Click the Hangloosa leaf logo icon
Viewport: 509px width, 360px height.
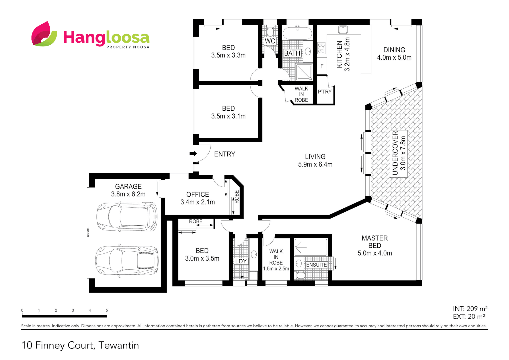click(x=44, y=34)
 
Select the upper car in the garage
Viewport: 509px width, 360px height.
click(x=127, y=217)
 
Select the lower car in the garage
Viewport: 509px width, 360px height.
click(x=127, y=260)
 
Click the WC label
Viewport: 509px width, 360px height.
click(x=270, y=41)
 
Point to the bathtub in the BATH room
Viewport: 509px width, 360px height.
click(x=297, y=33)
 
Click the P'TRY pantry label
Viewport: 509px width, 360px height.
click(x=325, y=92)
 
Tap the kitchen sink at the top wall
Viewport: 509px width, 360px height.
click(x=343, y=29)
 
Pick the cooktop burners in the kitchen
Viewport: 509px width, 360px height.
click(x=321, y=48)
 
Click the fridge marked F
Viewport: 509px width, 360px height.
click(x=322, y=66)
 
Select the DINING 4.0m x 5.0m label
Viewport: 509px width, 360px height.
click(x=394, y=54)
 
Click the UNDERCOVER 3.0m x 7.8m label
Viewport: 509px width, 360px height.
click(x=399, y=153)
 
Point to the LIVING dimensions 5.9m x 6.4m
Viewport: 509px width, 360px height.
click(x=315, y=164)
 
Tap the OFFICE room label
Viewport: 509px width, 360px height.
click(x=198, y=194)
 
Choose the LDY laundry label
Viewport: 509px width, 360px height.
click(x=241, y=261)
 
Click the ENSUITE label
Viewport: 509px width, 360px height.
click(x=316, y=265)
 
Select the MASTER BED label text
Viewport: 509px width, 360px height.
click(x=375, y=242)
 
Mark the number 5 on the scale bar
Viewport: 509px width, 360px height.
click(x=107, y=310)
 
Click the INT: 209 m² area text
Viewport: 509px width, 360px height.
click(x=470, y=309)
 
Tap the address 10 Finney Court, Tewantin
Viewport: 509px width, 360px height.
click(x=80, y=345)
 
